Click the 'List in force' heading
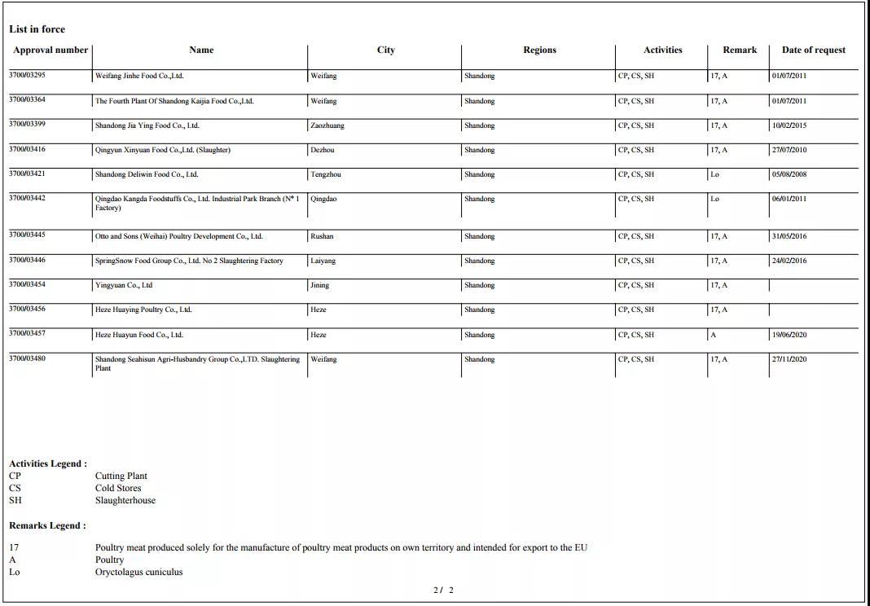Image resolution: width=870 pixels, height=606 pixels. [x=37, y=29]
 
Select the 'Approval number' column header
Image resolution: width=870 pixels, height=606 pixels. [x=50, y=50]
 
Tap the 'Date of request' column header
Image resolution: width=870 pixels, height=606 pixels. [x=813, y=50]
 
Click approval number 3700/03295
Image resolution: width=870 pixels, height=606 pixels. [x=27, y=76]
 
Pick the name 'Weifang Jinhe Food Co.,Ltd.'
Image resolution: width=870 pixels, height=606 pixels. [x=139, y=76]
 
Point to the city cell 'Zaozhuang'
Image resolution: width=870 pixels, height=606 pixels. [x=327, y=125]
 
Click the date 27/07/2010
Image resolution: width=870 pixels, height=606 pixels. [x=789, y=150]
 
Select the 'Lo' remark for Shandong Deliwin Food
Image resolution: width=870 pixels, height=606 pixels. [x=714, y=174]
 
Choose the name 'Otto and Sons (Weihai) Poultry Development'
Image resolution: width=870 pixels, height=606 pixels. [x=178, y=236]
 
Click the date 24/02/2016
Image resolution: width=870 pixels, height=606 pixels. [x=789, y=261]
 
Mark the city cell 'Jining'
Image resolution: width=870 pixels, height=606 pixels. [x=319, y=285]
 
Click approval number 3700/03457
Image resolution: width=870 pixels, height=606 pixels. [x=27, y=334]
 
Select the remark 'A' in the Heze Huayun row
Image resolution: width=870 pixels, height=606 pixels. [x=714, y=335]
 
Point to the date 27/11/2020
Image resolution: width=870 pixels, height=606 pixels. [x=789, y=359]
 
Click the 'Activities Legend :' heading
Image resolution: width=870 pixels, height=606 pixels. [x=47, y=463]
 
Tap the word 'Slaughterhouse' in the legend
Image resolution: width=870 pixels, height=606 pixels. [x=125, y=500]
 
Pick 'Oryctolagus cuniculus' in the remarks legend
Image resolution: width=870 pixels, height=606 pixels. [x=138, y=572]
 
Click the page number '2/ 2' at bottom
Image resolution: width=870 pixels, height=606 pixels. [x=443, y=590]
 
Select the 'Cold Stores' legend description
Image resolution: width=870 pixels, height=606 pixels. [x=117, y=488]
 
